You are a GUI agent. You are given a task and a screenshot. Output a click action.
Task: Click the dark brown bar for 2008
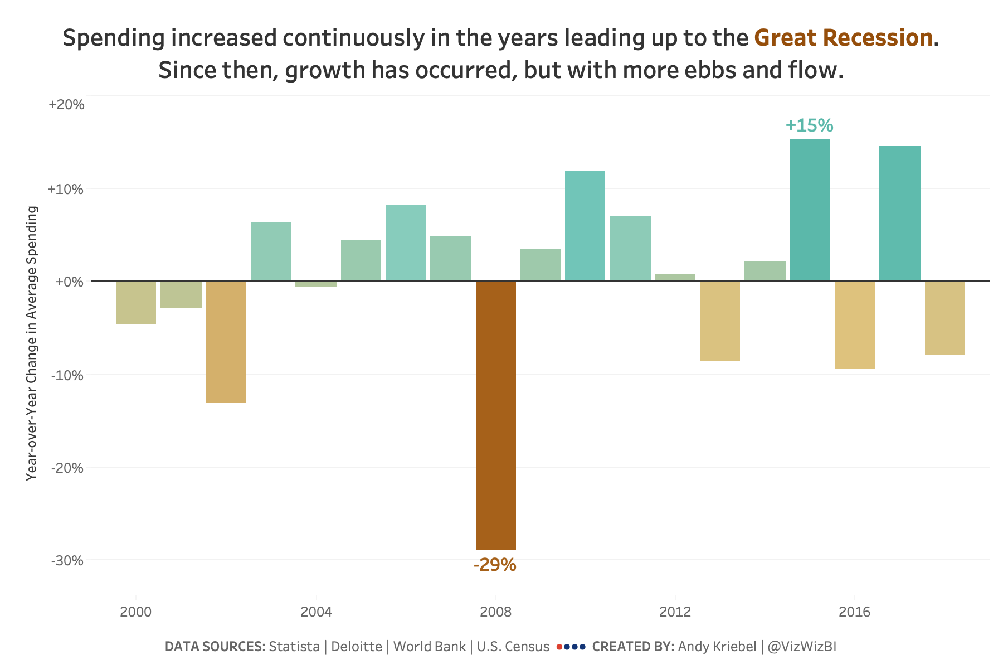pyautogui.click(x=495, y=415)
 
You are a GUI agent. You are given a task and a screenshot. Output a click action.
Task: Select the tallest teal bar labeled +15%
pyautogui.click(x=810, y=210)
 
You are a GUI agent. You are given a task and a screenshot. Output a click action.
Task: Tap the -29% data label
pyautogui.click(x=495, y=565)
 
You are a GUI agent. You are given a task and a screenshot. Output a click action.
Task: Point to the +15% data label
pyautogui.click(x=809, y=125)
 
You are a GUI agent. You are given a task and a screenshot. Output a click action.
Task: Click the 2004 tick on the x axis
pyautogui.click(x=316, y=612)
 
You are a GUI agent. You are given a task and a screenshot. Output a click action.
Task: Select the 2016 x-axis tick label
pyautogui.click(x=854, y=612)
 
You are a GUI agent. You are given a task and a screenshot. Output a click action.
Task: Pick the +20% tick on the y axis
pyautogui.click(x=66, y=104)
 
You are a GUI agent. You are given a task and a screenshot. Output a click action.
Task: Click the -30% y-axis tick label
pyautogui.click(x=67, y=560)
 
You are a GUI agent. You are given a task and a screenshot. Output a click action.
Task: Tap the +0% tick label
pyautogui.click(x=69, y=282)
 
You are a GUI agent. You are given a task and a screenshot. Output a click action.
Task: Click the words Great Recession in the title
pyautogui.click(x=843, y=38)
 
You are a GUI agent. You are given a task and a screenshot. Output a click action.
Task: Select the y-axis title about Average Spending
pyautogui.click(x=32, y=343)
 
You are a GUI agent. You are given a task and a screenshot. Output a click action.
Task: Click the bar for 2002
pyautogui.click(x=226, y=341)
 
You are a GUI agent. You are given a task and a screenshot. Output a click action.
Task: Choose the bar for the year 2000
pyautogui.click(x=135, y=302)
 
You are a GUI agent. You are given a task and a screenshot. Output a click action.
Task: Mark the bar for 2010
pyautogui.click(x=585, y=225)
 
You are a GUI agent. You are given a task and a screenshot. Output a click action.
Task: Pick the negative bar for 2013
pyautogui.click(x=719, y=321)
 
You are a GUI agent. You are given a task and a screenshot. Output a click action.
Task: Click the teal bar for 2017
pyautogui.click(x=899, y=214)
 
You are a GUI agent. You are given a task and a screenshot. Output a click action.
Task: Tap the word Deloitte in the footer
pyautogui.click(x=357, y=647)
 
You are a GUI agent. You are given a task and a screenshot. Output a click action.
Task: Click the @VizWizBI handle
pyautogui.click(x=802, y=647)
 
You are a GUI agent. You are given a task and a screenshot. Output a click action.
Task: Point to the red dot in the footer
pyautogui.click(x=559, y=647)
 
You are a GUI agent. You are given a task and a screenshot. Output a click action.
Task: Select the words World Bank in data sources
pyautogui.click(x=429, y=647)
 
